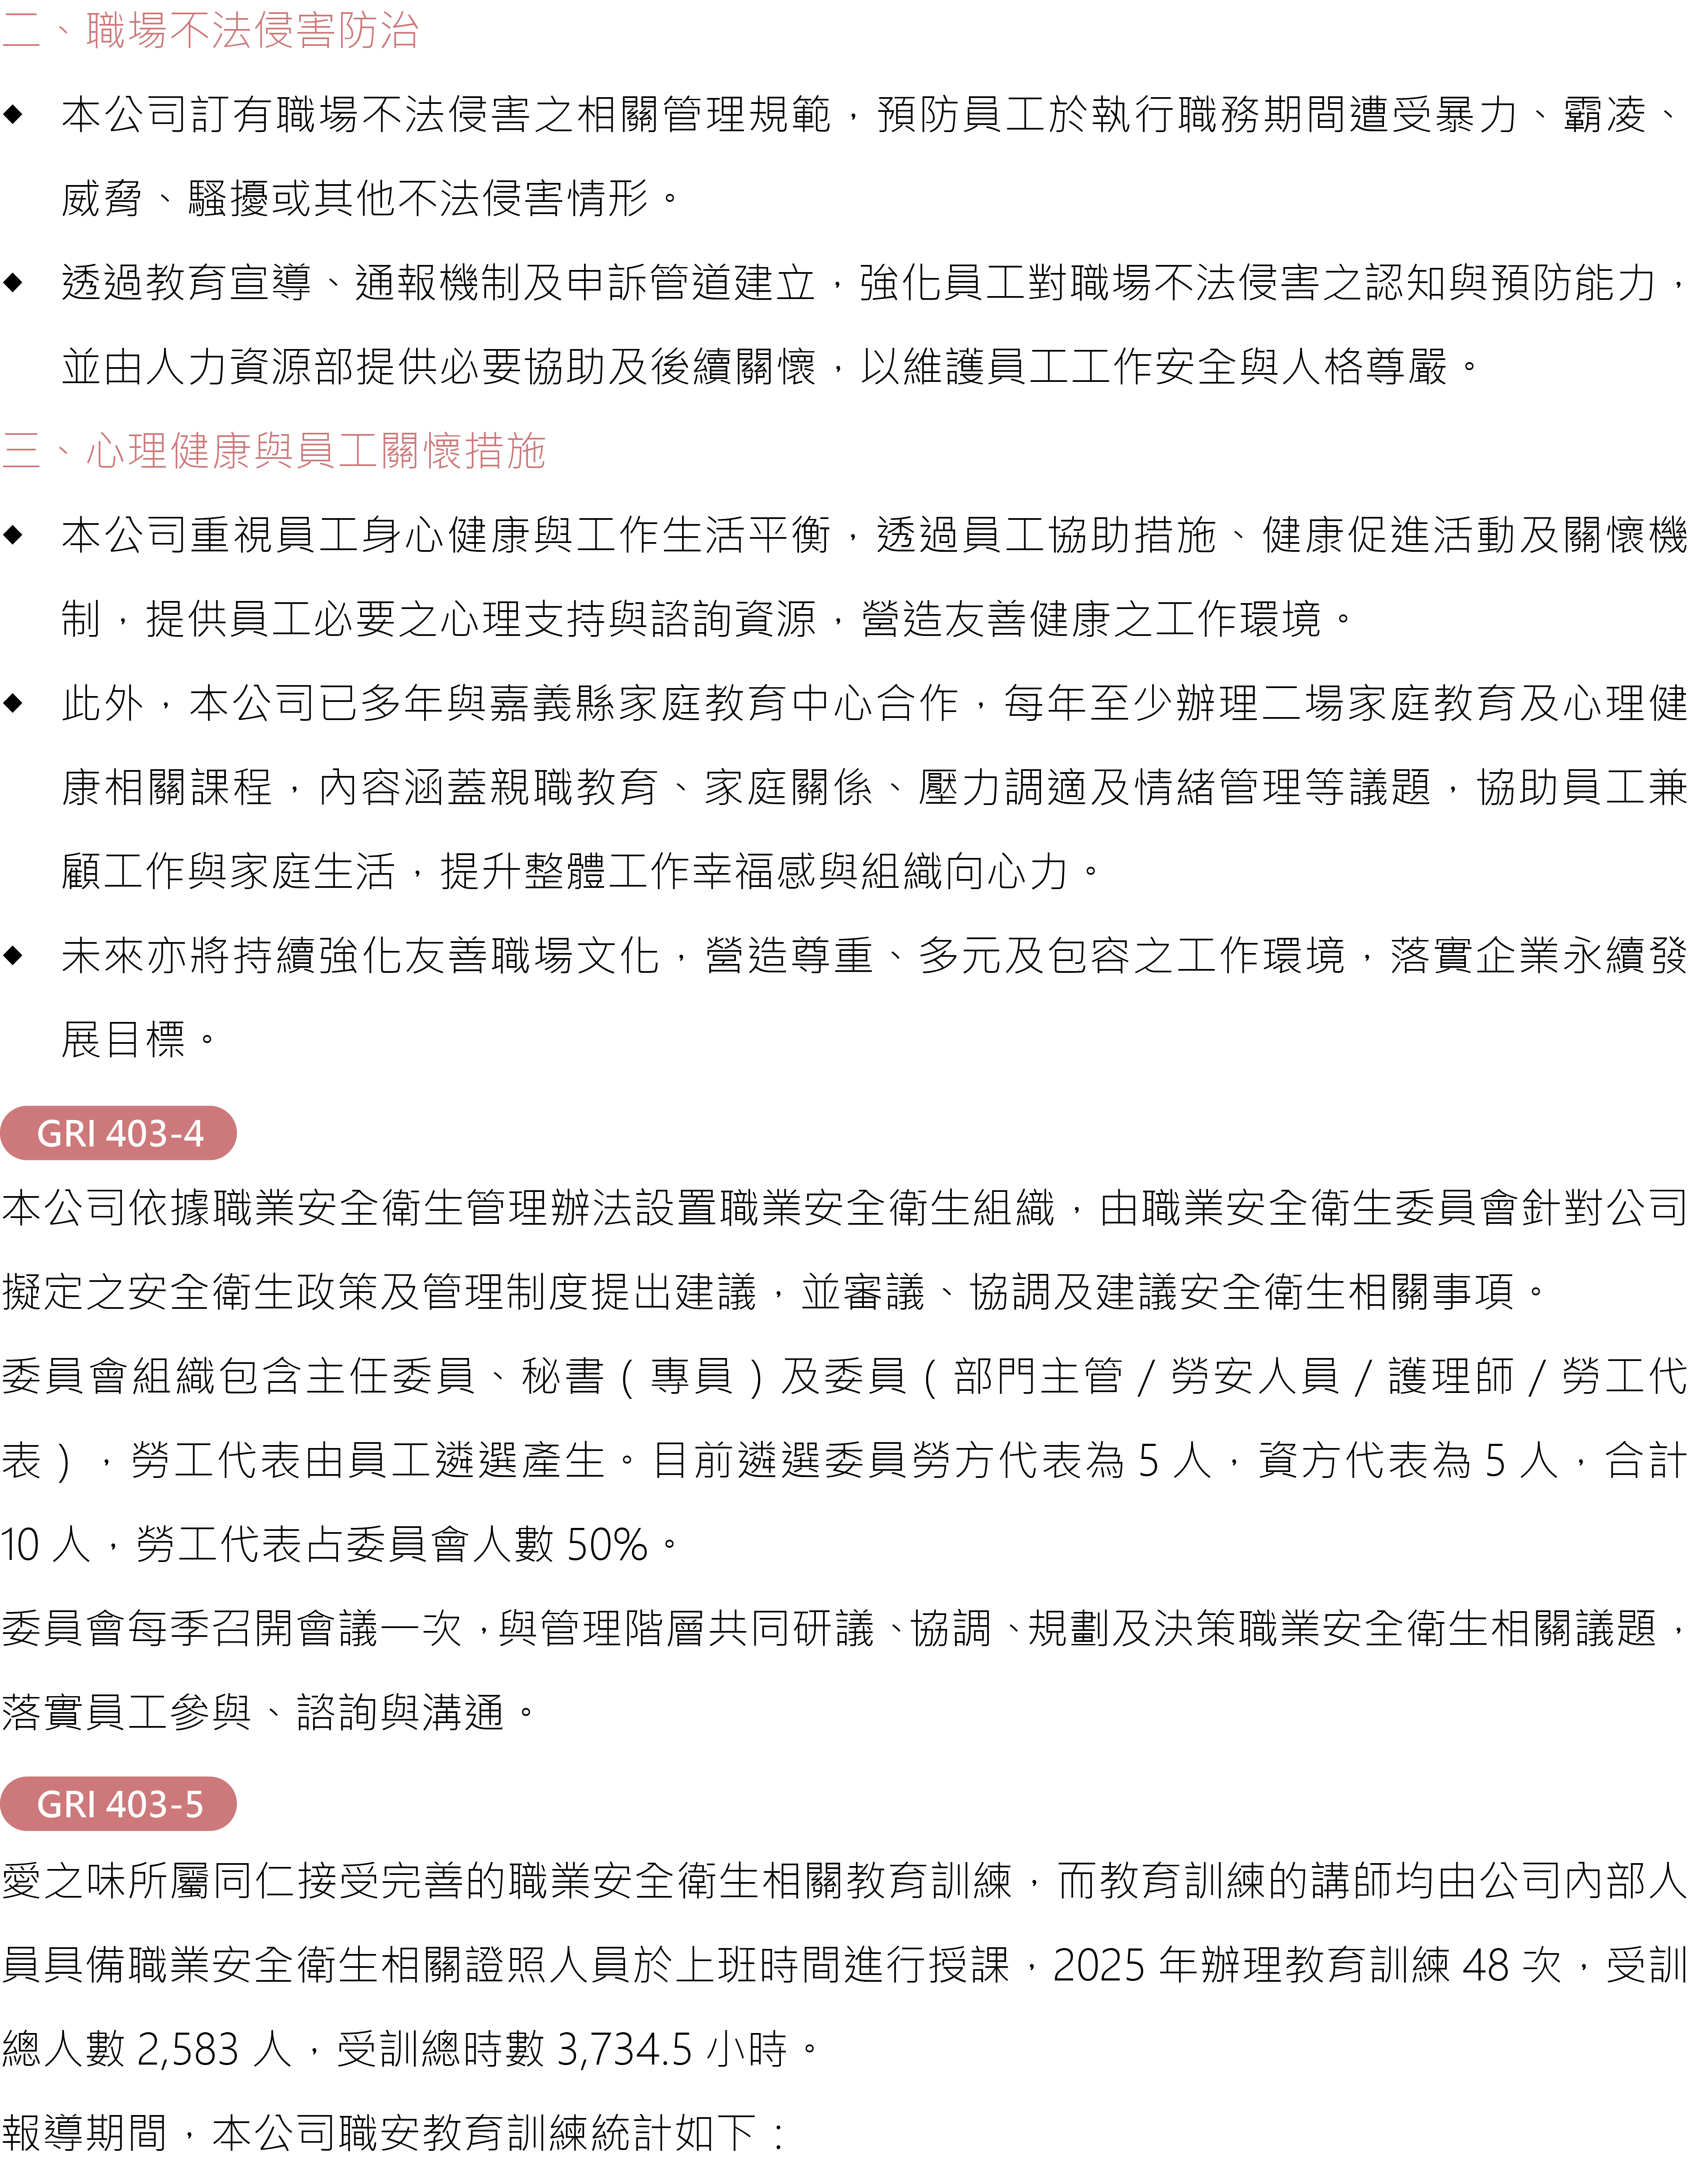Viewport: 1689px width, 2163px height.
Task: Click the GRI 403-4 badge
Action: click(x=119, y=1133)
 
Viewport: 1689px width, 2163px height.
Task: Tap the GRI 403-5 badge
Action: click(x=119, y=1805)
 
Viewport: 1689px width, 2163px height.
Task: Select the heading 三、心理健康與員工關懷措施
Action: click(x=274, y=450)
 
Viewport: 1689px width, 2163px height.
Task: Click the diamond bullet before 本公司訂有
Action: click(x=13, y=114)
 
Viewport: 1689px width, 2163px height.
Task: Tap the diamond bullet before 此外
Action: click(x=13, y=703)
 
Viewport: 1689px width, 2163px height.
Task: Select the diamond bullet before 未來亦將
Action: click(x=13, y=956)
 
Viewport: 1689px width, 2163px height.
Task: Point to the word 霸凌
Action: click(x=1605, y=114)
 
